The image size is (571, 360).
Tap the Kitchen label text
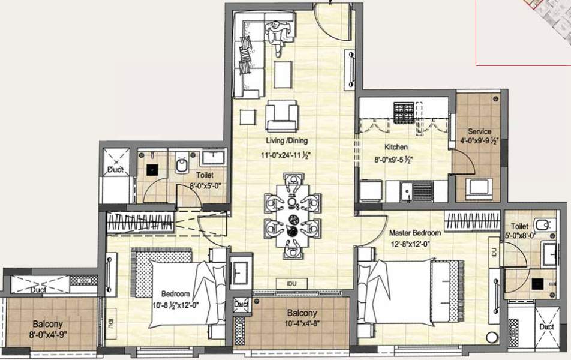tap(396, 147)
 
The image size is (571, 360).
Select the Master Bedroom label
tap(414, 233)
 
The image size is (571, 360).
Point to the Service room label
tap(480, 132)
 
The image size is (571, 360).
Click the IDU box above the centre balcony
tap(291, 283)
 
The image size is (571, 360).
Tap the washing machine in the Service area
tap(480, 187)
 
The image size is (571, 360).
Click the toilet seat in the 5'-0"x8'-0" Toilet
tap(542, 226)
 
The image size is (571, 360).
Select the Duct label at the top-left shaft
tap(115, 170)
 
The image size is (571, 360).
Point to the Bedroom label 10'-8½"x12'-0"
tap(175, 294)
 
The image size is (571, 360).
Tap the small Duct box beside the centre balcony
tap(241, 304)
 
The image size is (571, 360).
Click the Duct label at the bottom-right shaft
tap(546, 327)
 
